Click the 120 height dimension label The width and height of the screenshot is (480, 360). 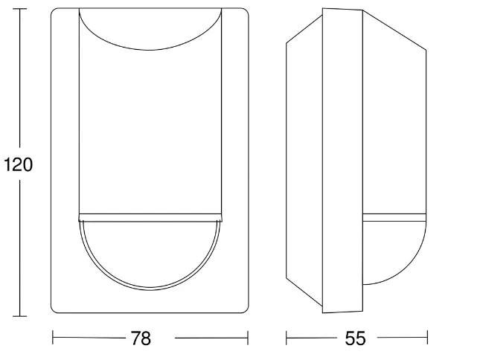coord(18,164)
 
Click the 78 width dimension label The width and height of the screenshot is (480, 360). coord(141,338)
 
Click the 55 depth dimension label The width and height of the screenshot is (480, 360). coord(356,338)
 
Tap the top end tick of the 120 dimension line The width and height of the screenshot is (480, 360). coord(20,9)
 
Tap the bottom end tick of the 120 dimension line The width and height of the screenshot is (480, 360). coord(20,316)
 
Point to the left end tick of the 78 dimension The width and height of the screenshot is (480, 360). coord(53,338)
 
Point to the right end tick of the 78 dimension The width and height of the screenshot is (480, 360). coord(247,338)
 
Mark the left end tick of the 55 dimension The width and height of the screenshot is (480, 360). coord(287,338)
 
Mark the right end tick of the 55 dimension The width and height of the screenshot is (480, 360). coord(427,338)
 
